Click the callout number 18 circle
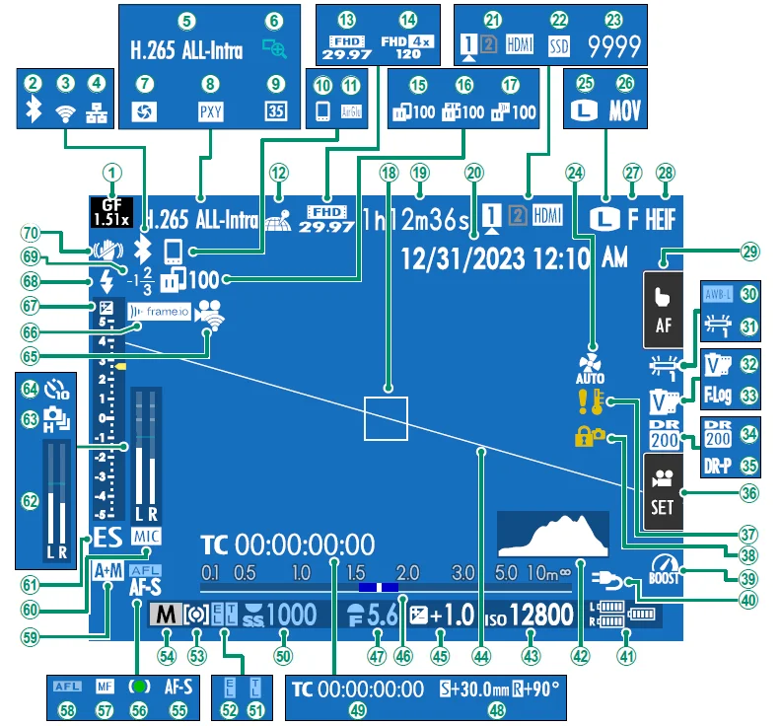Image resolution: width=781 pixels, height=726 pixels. coord(389,171)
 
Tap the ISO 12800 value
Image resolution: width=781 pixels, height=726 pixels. coord(541,616)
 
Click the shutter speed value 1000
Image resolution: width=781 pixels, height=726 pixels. coord(294,616)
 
